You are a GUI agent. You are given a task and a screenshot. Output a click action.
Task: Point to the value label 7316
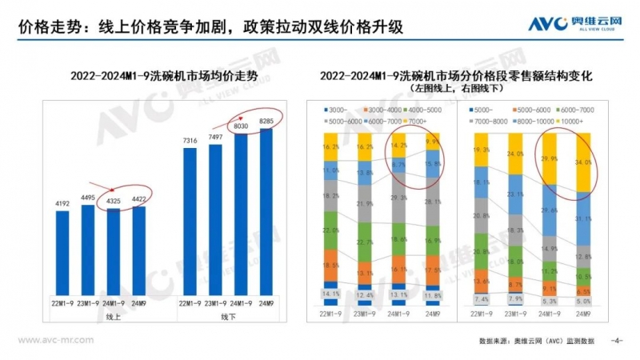click(x=190, y=141)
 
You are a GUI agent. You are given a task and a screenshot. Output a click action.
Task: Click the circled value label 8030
click(x=242, y=126)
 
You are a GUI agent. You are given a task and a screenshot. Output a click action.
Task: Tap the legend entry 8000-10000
click(x=534, y=119)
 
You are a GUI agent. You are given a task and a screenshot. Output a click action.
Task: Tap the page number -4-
click(x=616, y=340)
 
